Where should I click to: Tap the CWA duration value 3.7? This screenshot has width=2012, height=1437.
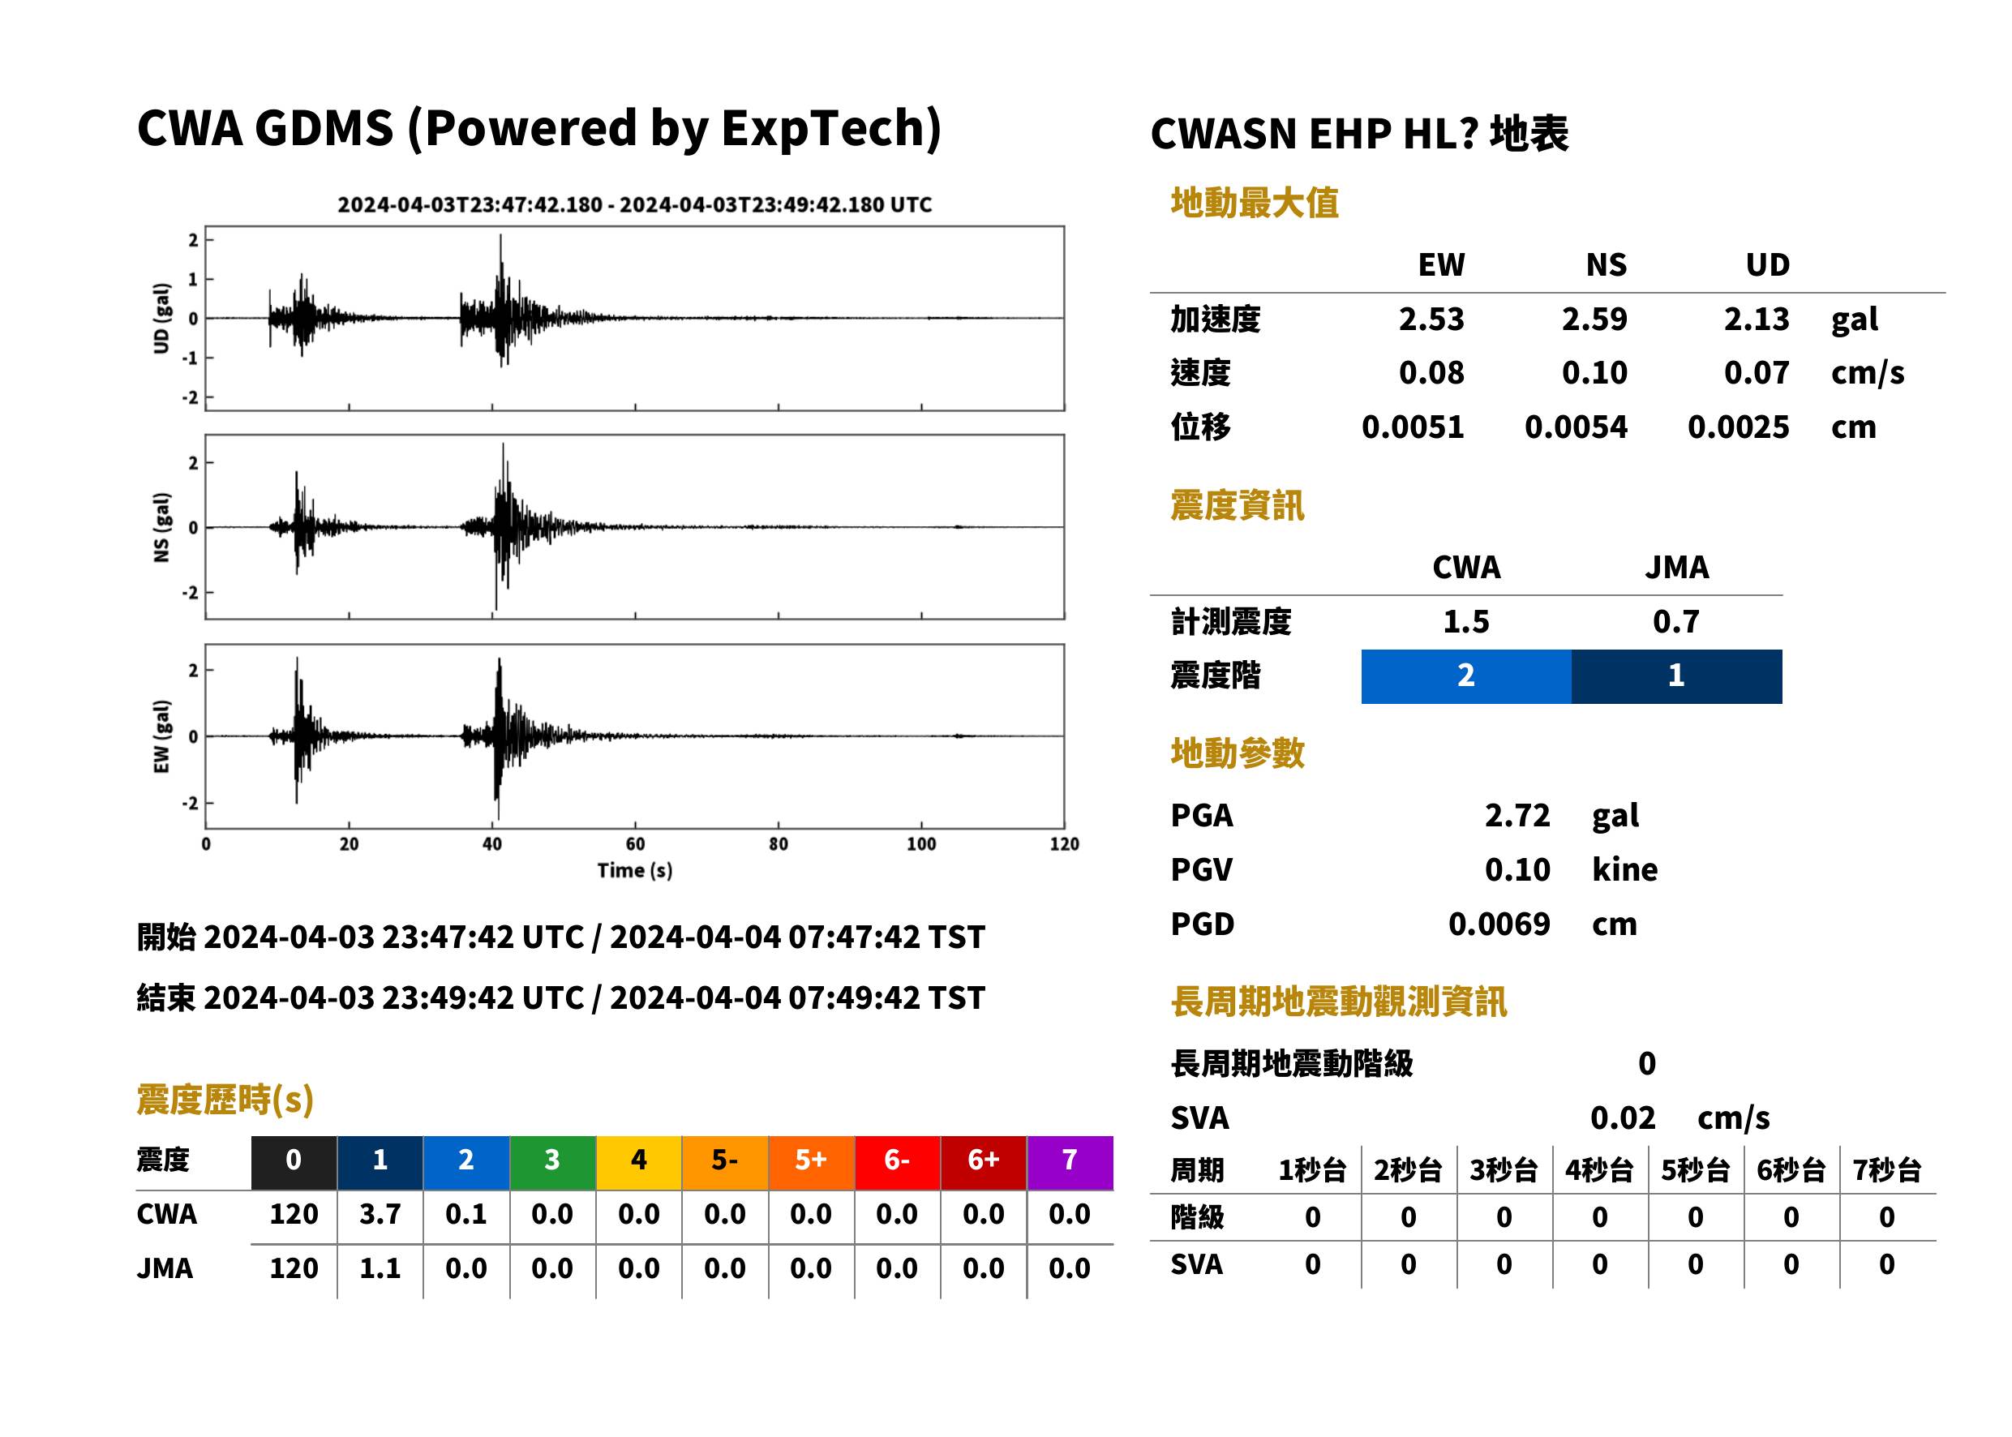coord(380,1214)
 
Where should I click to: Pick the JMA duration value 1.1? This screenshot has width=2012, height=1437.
coord(380,1268)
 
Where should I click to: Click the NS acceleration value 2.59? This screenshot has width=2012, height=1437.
coord(1594,319)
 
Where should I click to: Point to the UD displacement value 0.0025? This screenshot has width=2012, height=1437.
coord(1738,427)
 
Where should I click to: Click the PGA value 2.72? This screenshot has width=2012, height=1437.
coord(1517,815)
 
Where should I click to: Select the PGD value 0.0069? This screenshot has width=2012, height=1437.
coord(1499,924)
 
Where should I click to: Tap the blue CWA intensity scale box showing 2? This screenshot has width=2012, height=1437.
coord(1466,676)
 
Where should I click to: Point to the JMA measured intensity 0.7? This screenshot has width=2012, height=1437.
coord(1675,621)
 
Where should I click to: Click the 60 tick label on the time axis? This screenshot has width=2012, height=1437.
coord(635,843)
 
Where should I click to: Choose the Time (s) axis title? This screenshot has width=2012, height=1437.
coord(634,871)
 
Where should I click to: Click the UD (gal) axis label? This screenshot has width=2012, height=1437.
coord(161,319)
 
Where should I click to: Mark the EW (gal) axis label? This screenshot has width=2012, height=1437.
coord(161,736)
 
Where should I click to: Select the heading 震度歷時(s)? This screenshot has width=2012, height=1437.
coord(225,1099)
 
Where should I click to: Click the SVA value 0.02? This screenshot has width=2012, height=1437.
coord(1623,1117)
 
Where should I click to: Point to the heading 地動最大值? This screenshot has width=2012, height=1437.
coord(1255,203)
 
